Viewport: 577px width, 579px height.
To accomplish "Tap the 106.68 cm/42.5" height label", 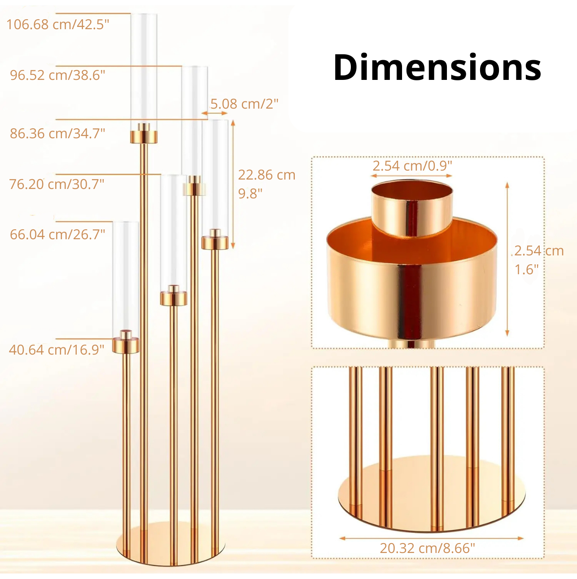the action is pyautogui.click(x=58, y=24).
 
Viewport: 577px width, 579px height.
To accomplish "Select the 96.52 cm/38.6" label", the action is pyautogui.click(x=58, y=75).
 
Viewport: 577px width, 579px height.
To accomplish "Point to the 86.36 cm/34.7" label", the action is pyautogui.click(x=57, y=133).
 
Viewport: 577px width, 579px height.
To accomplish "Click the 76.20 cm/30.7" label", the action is pyautogui.click(x=57, y=184).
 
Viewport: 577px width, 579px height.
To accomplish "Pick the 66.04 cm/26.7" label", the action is pyautogui.click(x=57, y=234).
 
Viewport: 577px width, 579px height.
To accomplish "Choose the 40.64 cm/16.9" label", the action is pyautogui.click(x=57, y=350).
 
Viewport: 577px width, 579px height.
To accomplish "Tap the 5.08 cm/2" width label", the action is pyautogui.click(x=244, y=104).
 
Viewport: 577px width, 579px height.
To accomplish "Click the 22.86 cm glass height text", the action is pyautogui.click(x=267, y=175).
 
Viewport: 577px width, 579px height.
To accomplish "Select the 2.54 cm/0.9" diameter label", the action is pyautogui.click(x=412, y=166).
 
